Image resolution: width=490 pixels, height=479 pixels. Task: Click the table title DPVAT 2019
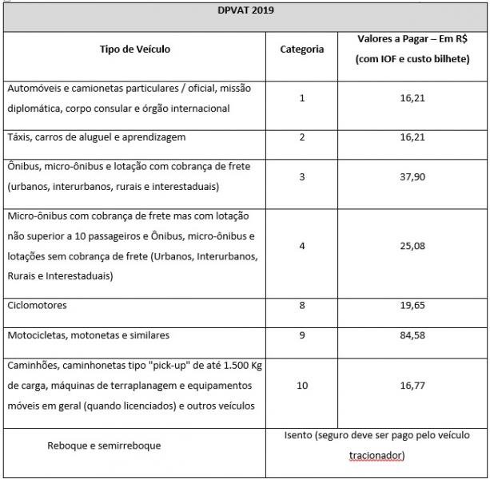tap(245, 13)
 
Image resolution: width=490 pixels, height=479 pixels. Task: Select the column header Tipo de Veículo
tap(134, 49)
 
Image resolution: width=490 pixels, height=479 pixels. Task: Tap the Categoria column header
tap(302, 49)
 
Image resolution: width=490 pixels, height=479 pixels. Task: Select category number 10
tap(302, 385)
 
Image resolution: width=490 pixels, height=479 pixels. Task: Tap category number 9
tap(302, 335)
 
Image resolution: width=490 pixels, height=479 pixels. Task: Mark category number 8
tap(302, 306)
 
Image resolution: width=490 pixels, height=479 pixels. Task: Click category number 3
tap(302, 177)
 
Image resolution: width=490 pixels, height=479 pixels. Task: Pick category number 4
tap(302, 246)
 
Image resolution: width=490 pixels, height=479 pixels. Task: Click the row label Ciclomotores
tap(37, 306)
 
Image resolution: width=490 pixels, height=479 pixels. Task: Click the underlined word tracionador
tap(376, 456)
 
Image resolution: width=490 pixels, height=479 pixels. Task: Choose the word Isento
tap(300, 436)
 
